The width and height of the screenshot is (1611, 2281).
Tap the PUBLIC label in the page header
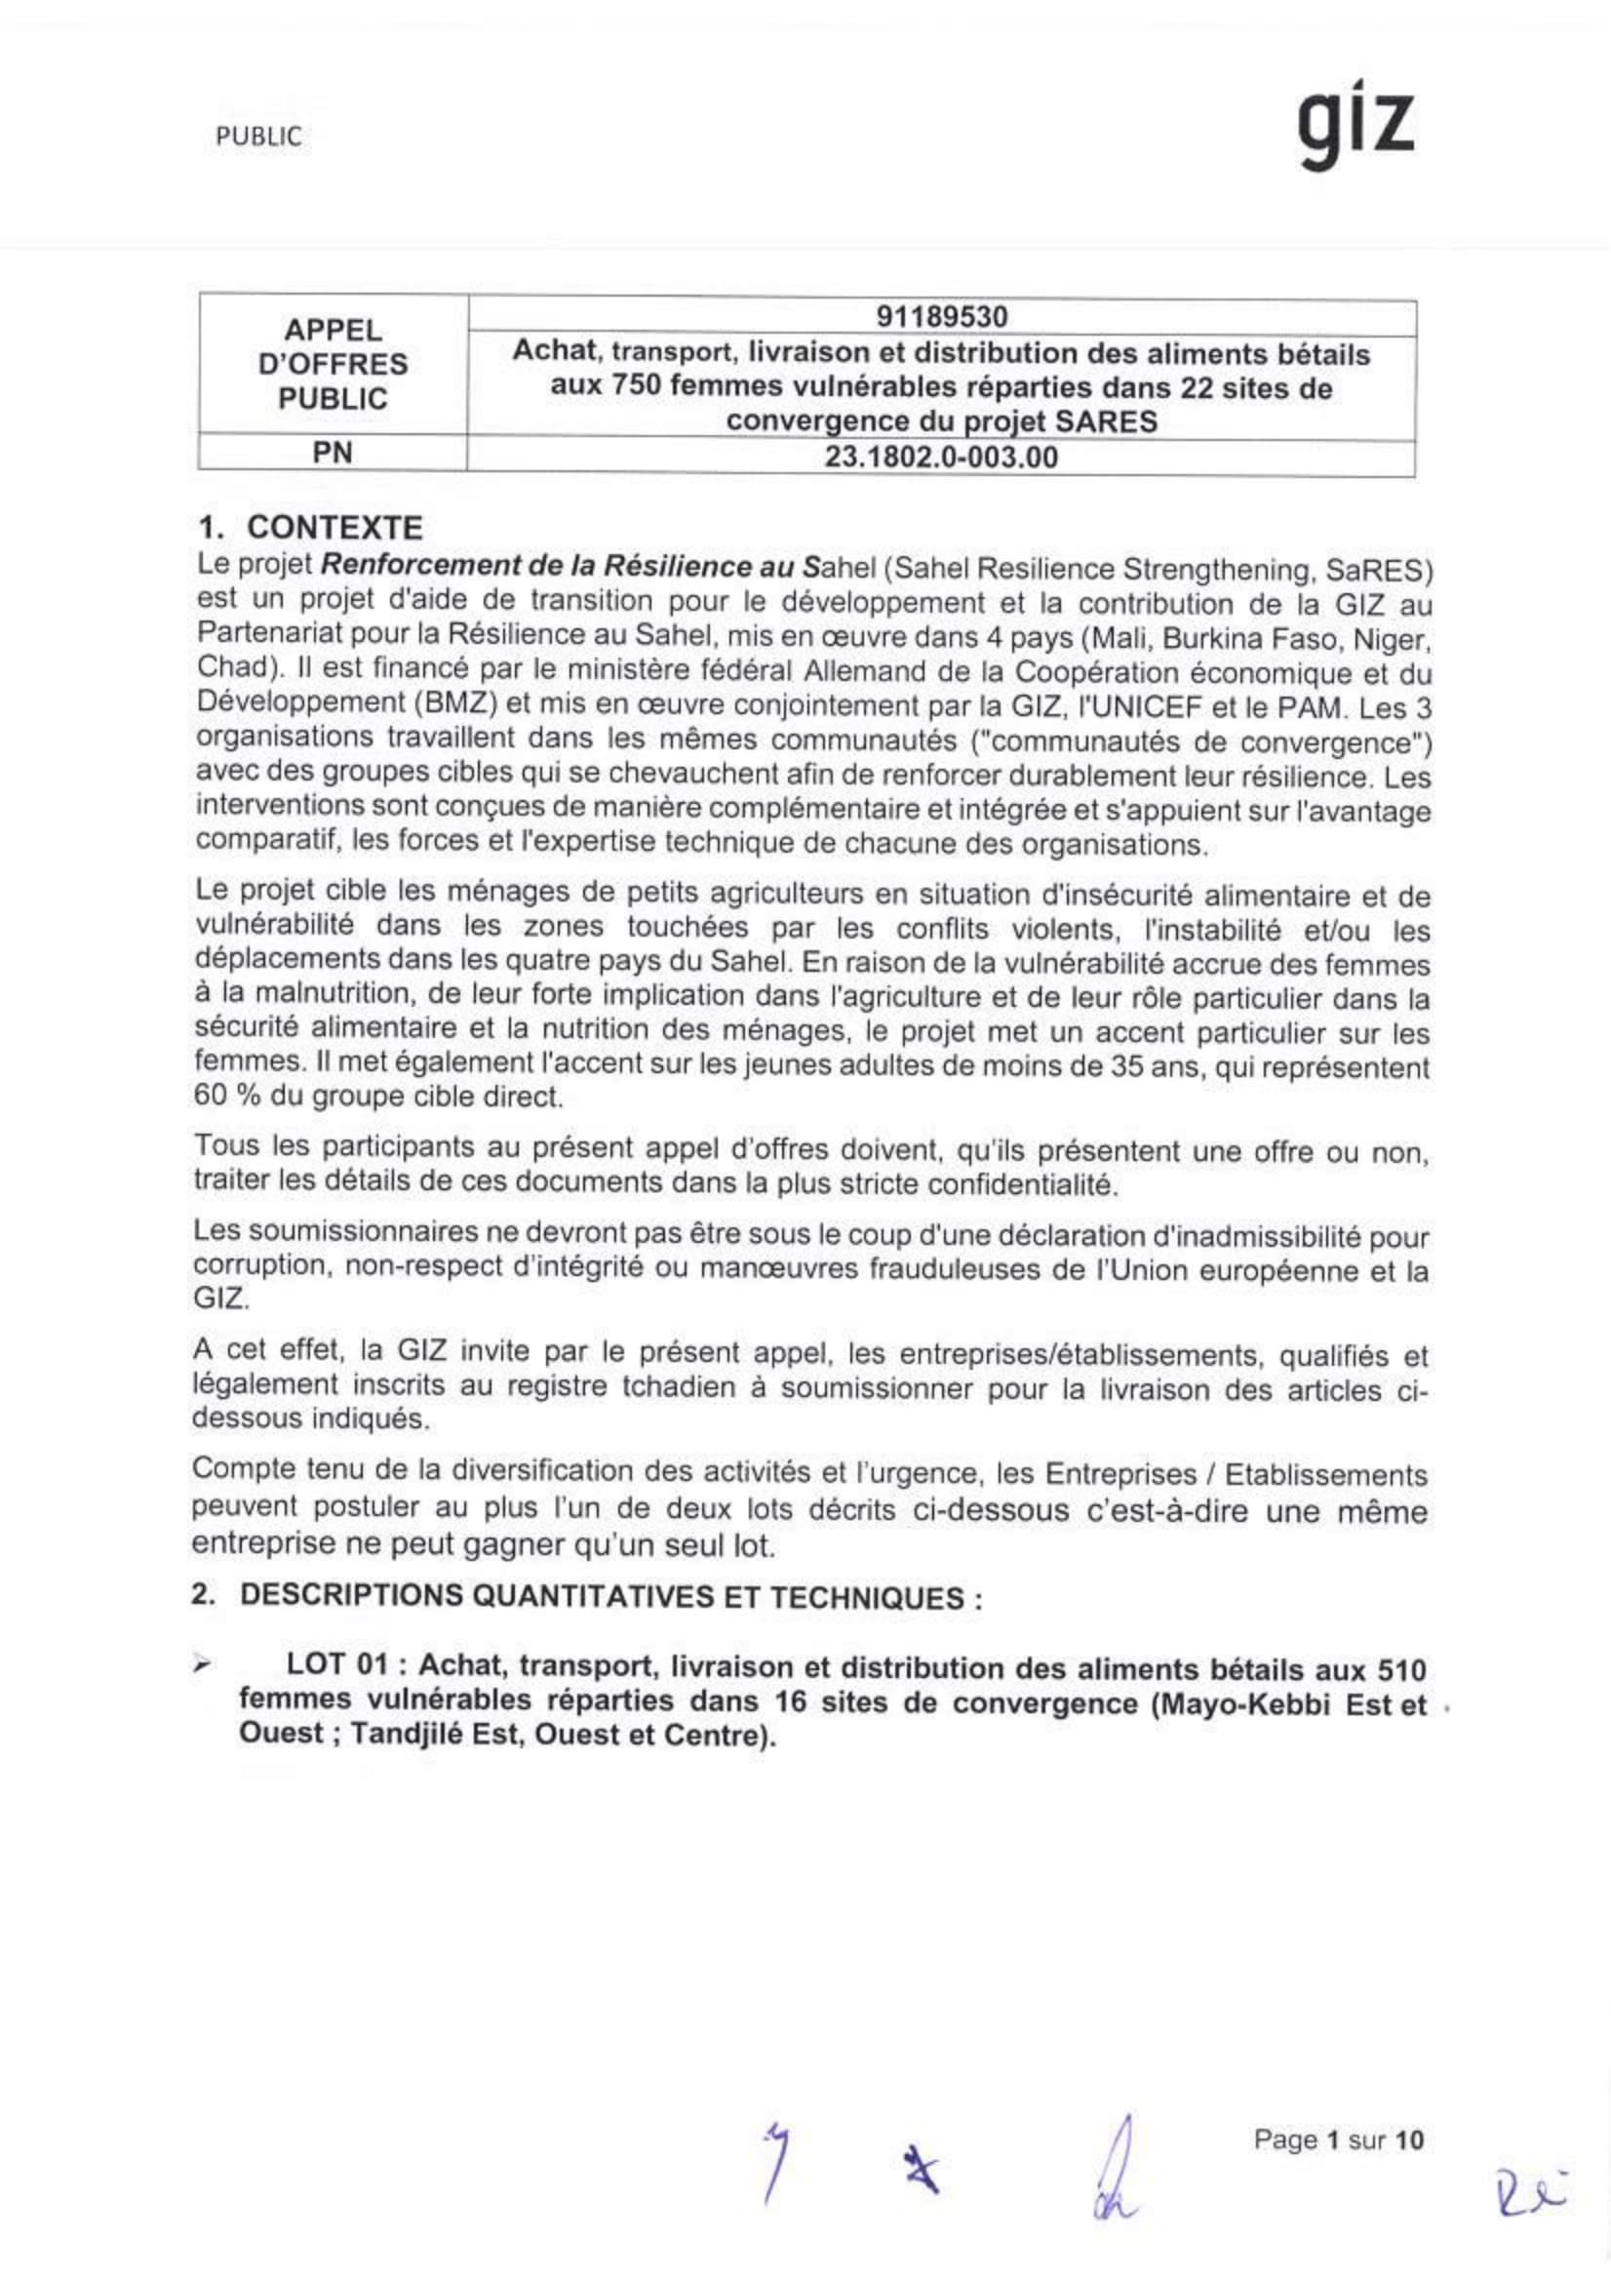258,138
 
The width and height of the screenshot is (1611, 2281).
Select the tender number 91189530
941,317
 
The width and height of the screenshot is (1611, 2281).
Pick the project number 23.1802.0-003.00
941,457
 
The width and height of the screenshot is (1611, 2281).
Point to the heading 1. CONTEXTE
310,527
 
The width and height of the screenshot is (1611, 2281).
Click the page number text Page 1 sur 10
1338,2139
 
